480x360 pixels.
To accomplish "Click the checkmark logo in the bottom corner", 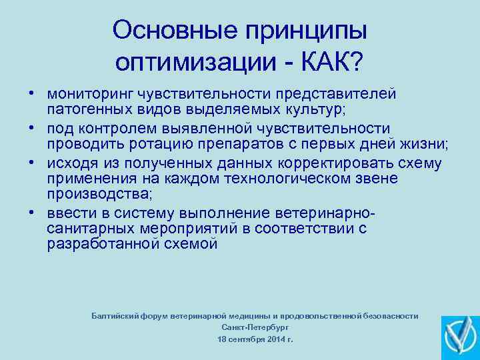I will tap(460, 337).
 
